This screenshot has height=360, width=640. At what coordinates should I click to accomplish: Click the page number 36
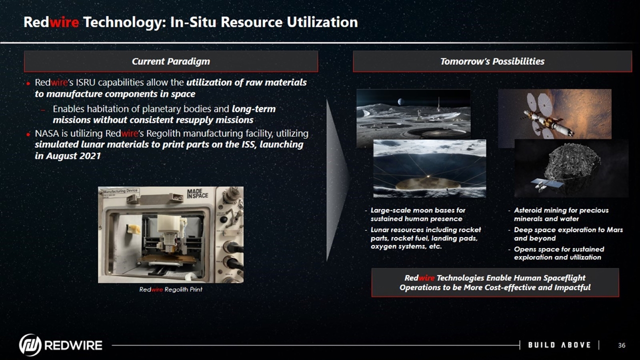pyautogui.click(x=621, y=345)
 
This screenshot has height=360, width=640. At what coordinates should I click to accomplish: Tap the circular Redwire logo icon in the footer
pyautogui.click(x=30, y=345)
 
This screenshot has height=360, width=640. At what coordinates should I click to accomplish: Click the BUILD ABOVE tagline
pyautogui.click(x=559, y=345)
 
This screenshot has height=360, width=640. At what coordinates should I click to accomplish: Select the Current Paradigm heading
pyautogui.click(x=171, y=61)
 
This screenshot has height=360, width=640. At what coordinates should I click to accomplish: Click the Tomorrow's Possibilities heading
pyautogui.click(x=492, y=61)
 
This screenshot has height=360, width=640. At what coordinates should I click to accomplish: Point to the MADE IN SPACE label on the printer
pyautogui.click(x=197, y=193)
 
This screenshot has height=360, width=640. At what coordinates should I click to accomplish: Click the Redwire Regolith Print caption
pyautogui.click(x=170, y=289)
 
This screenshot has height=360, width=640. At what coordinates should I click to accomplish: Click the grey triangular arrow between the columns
pyautogui.click(x=338, y=180)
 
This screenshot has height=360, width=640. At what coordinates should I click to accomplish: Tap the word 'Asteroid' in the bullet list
pyautogui.click(x=528, y=210)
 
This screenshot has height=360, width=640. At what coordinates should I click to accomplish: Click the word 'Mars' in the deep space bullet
pyautogui.click(x=614, y=229)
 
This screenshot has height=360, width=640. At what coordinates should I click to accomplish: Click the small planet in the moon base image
pyautogui.click(x=401, y=101)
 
